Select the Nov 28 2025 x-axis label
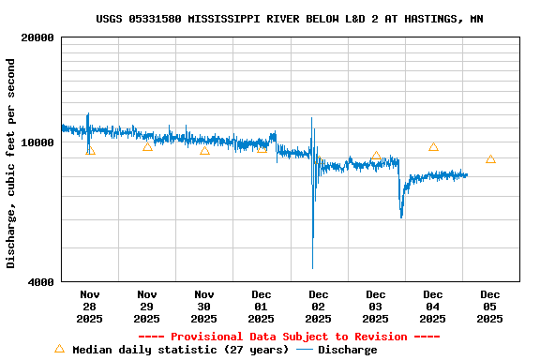point(90,307)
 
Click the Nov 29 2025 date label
point(147,307)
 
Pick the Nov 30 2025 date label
point(204,307)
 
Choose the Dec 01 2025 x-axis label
point(262,307)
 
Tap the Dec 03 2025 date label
point(376,307)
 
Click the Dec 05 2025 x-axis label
point(490,307)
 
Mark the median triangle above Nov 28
point(90,150)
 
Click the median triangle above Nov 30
point(204,150)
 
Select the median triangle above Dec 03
point(376,157)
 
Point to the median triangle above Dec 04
point(433,146)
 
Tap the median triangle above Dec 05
point(490,159)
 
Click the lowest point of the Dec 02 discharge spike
point(313,268)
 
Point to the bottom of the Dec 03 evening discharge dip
point(401,217)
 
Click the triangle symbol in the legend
point(59,349)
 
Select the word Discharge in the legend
point(347,350)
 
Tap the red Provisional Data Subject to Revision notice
point(289,337)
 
